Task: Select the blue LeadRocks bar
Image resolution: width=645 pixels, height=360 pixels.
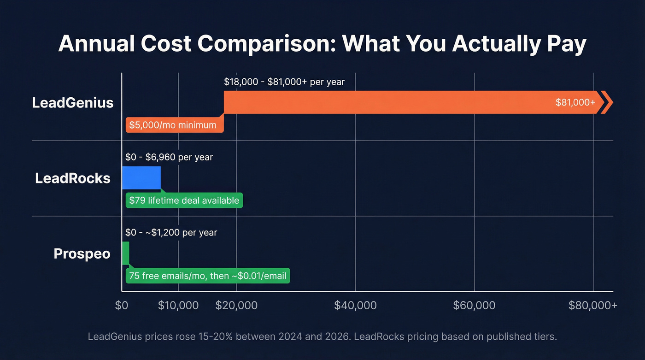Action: pos(141,177)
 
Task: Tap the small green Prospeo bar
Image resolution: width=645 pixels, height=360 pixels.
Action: pos(125,253)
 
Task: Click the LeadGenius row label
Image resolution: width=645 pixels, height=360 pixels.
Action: pos(73,102)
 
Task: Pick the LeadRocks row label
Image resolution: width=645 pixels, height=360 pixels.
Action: pos(73,178)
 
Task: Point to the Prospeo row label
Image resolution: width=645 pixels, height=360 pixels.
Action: pos(82,254)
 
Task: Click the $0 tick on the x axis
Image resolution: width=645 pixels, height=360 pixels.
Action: pos(122,305)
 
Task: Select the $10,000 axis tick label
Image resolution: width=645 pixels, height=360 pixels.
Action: pos(178,305)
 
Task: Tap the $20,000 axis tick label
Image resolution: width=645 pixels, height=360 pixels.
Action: pos(237,305)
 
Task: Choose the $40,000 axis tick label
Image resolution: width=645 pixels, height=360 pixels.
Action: pos(356,305)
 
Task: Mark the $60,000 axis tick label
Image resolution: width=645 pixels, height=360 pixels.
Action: pos(475,305)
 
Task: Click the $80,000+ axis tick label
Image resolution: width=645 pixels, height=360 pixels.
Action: pos(593,305)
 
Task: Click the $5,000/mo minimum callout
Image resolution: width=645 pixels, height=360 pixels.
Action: pos(173,125)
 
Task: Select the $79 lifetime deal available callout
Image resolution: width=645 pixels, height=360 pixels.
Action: pos(184,201)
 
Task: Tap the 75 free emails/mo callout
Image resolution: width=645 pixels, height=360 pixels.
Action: pos(208,276)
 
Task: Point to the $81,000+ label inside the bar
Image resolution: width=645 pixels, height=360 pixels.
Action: pos(575,102)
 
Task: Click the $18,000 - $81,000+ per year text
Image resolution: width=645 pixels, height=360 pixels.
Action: pos(284,82)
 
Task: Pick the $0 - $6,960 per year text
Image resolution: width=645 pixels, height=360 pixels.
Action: pos(169,157)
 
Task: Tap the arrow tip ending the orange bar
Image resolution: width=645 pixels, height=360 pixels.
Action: pos(608,102)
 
